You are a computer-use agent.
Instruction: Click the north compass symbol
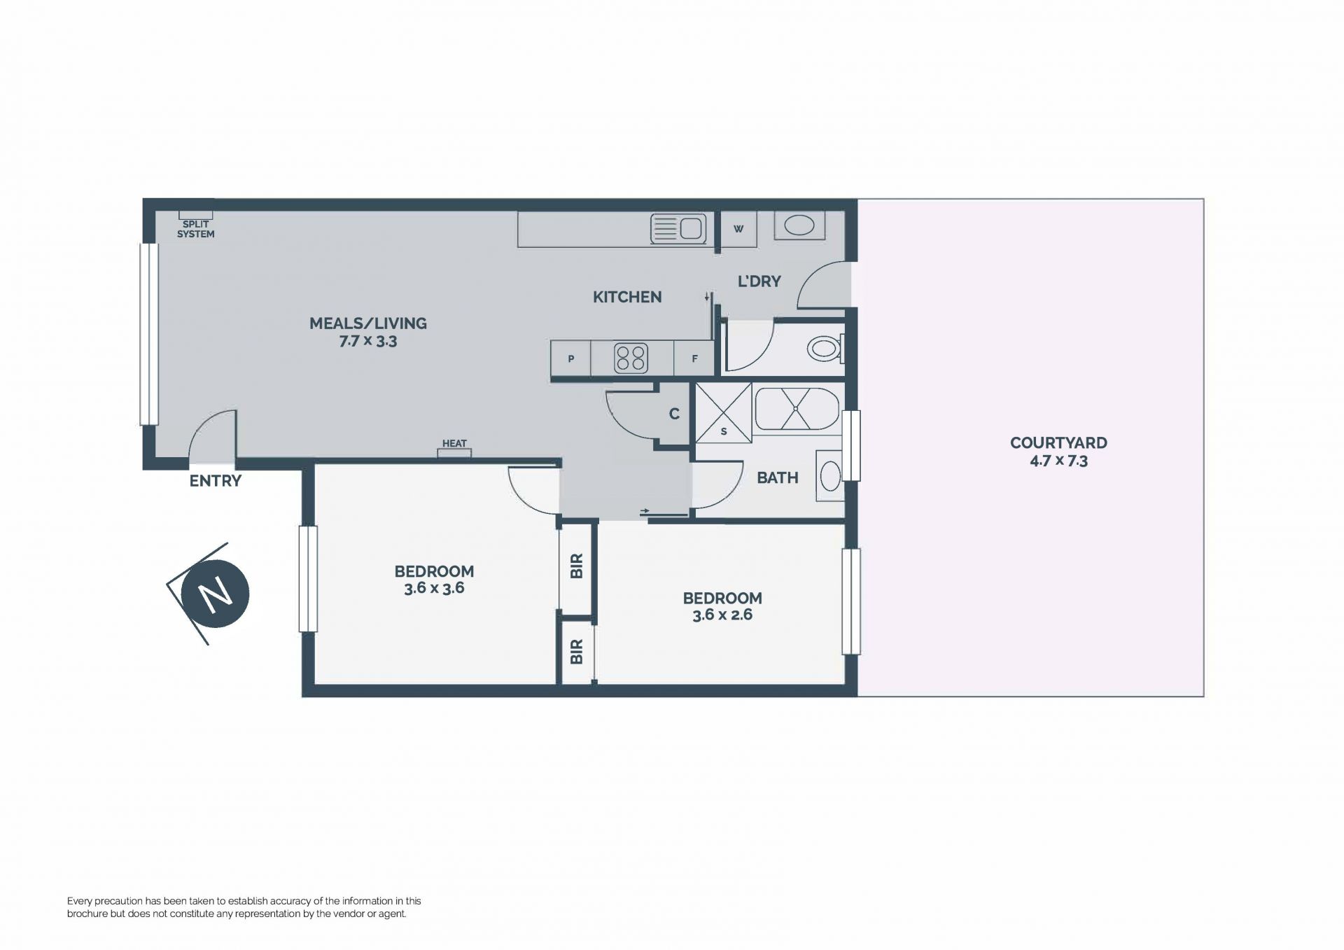click(x=215, y=594)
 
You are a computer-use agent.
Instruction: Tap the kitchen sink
click(x=678, y=228)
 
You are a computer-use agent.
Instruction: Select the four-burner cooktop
click(x=631, y=358)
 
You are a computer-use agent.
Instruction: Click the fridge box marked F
click(x=694, y=358)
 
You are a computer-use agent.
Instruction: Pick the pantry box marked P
click(x=571, y=358)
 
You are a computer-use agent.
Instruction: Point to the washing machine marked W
click(x=738, y=229)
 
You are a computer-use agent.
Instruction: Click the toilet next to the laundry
click(x=825, y=348)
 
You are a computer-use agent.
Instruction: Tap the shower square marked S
click(x=723, y=412)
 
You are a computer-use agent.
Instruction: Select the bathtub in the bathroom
click(x=797, y=409)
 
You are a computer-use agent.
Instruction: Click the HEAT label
click(x=454, y=443)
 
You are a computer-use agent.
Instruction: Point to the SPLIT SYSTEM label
click(x=195, y=229)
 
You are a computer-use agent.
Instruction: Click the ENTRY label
click(x=216, y=481)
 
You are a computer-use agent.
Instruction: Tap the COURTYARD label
click(x=1058, y=442)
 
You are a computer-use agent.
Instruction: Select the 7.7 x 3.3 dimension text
click(x=368, y=342)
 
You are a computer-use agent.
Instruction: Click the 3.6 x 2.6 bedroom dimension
click(x=722, y=615)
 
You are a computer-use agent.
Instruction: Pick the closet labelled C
click(x=674, y=414)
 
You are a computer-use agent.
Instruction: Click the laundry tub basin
click(x=799, y=225)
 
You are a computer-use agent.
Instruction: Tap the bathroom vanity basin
click(x=830, y=476)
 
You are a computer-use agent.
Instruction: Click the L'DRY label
click(x=759, y=281)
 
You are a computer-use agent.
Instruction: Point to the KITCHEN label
click(x=627, y=297)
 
